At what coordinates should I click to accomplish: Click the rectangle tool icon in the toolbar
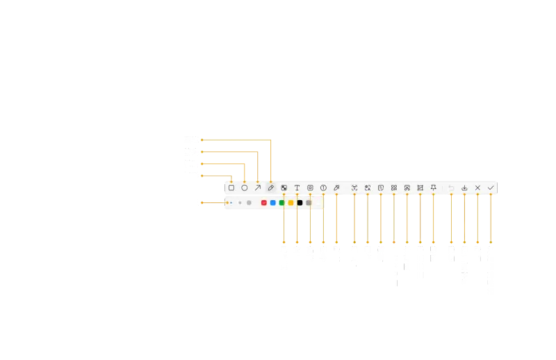pos(231,188)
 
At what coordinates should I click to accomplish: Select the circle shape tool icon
pos(245,188)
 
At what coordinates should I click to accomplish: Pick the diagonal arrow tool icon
pos(258,188)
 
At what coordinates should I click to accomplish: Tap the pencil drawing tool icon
pos(271,188)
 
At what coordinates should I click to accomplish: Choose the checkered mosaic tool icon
pos(284,188)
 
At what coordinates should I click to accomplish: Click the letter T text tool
pos(297,188)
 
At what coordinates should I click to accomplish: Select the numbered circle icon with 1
pos(323,188)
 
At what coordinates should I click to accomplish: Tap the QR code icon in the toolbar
pos(394,188)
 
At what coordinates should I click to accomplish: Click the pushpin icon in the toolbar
pos(434,188)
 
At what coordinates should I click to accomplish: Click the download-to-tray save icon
pos(464,188)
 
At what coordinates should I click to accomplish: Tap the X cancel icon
pos(477,188)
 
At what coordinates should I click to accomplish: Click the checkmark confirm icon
pos(491,188)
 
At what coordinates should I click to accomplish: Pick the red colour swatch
pos(264,203)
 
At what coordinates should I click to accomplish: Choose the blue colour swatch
pos(273,203)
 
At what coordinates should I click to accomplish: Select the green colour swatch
pos(282,203)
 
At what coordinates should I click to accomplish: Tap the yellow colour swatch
pos(291,203)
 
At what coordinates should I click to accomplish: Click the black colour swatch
pos(300,203)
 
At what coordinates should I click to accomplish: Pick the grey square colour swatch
pos(309,203)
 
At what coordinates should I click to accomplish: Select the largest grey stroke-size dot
pos(249,203)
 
